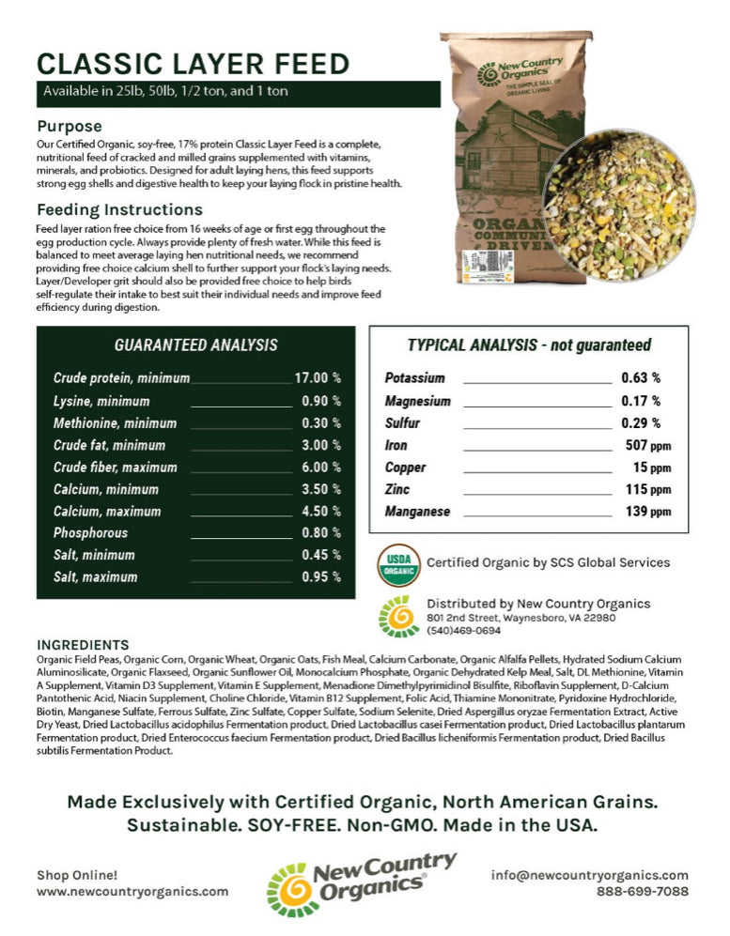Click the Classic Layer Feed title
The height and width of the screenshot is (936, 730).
[x=193, y=64]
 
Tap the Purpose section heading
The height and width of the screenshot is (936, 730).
[x=70, y=126]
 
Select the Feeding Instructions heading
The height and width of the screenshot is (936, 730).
[x=119, y=209]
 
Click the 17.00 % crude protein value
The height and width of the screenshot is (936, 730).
[x=318, y=378]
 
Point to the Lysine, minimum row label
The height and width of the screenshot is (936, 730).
[x=101, y=401]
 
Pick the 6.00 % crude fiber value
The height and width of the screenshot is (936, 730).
[x=321, y=468]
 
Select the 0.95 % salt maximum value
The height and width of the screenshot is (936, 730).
[x=321, y=577]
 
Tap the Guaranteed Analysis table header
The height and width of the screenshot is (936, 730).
[x=195, y=345]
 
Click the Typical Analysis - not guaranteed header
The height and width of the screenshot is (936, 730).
[x=529, y=345]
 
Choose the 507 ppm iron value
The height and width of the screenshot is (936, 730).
[x=647, y=445]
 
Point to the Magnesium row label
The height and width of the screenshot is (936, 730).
[x=417, y=401]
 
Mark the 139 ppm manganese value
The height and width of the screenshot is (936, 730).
[x=647, y=512]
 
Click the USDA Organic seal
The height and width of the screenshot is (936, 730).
[x=397, y=563]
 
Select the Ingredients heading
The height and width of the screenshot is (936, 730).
[x=83, y=645]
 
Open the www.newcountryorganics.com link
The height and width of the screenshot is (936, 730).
[x=132, y=892]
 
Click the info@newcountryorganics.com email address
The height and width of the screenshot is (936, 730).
[x=589, y=875]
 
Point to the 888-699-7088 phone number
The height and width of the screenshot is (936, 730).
[x=642, y=892]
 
